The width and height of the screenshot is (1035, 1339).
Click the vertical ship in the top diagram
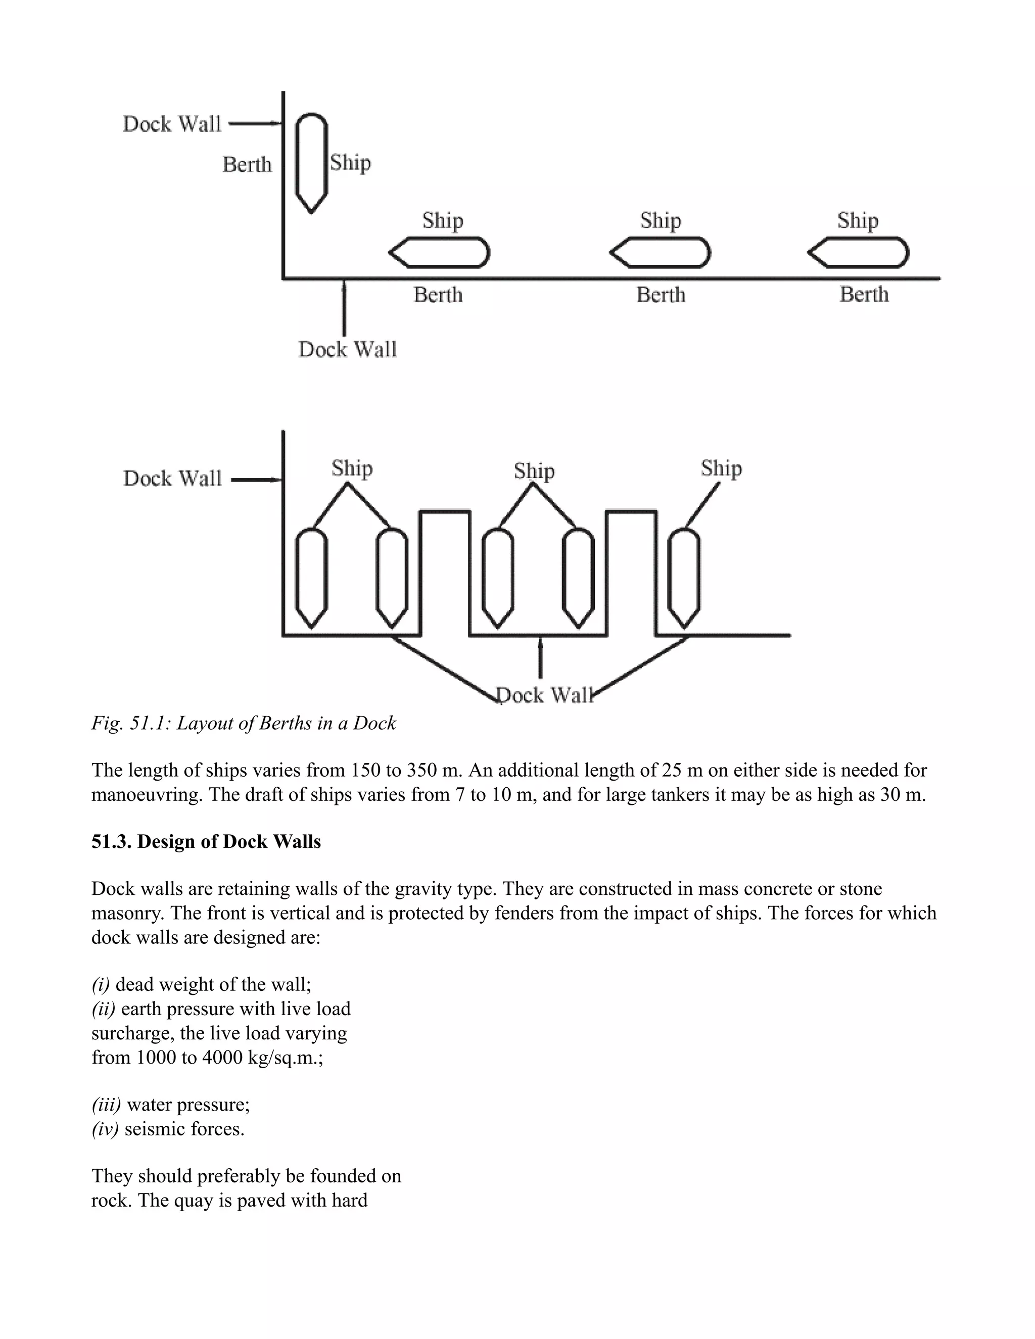click(x=311, y=163)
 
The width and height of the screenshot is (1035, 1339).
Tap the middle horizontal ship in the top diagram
click(x=661, y=253)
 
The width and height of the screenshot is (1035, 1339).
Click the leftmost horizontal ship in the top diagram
click(x=440, y=253)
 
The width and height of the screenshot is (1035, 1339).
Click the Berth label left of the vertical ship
click(x=247, y=164)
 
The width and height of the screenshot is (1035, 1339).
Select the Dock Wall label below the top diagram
click(x=348, y=350)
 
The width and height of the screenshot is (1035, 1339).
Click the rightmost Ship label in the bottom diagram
click(x=721, y=468)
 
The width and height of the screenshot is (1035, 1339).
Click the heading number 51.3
click(x=112, y=842)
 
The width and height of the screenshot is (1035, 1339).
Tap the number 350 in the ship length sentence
click(x=424, y=770)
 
